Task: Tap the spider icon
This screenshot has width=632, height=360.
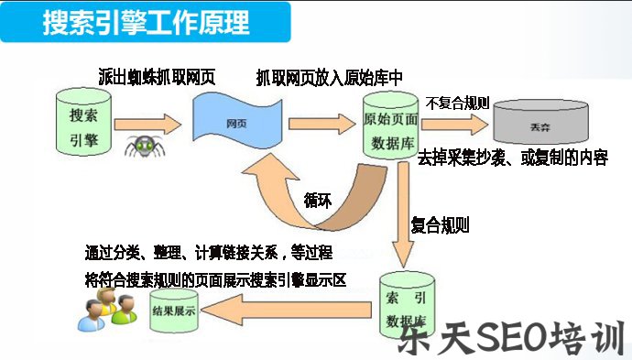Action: click(x=141, y=145)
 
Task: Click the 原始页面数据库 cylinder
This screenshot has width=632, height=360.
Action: click(x=391, y=128)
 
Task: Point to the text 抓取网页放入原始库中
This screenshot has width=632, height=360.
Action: click(x=330, y=77)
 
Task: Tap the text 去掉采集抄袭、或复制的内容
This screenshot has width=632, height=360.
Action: click(x=513, y=158)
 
